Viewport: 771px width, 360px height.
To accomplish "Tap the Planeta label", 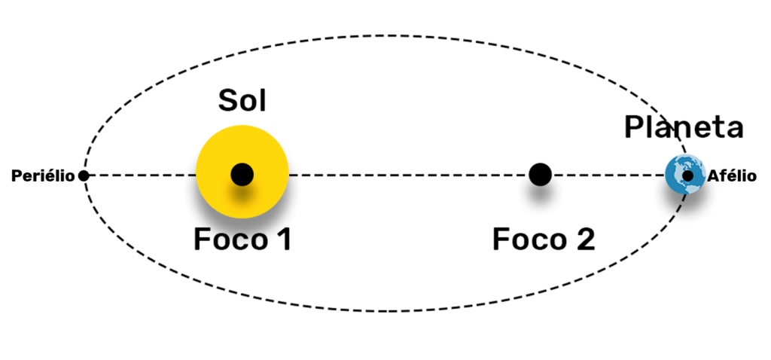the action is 684,127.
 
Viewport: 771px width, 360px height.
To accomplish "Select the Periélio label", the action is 43,176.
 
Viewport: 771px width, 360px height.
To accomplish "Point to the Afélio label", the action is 732,176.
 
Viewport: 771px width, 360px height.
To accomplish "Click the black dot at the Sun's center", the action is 242,174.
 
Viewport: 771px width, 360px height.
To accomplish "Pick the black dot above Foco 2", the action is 541,174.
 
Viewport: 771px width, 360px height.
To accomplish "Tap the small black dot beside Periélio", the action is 84,175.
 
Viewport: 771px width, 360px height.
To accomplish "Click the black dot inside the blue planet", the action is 688,175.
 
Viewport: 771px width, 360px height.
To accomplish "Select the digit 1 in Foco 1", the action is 283,239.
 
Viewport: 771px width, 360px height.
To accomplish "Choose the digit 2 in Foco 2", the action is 584,239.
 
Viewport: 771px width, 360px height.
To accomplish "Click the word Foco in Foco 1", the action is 230,239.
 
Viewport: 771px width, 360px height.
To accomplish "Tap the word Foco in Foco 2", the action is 529,239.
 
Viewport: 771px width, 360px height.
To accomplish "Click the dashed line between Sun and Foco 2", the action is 409,175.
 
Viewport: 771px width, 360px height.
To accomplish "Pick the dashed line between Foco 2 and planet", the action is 608,175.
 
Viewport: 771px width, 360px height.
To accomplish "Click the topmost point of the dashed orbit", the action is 389,36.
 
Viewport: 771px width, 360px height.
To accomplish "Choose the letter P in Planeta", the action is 633,127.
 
